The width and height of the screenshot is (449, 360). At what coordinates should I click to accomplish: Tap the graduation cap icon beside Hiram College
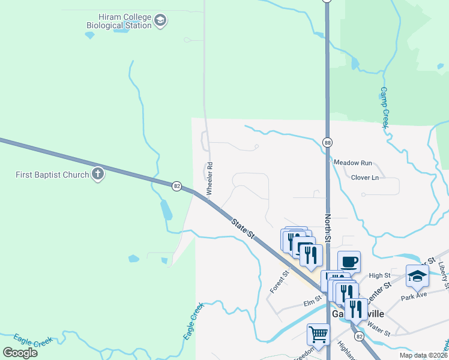pos(160,22)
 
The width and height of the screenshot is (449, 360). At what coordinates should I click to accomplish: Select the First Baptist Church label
pos(52,175)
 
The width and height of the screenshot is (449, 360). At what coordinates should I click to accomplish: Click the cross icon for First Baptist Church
pos(98,175)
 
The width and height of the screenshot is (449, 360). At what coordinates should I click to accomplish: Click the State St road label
pos(243,229)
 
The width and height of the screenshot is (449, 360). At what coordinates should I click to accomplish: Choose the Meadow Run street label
pos(353,163)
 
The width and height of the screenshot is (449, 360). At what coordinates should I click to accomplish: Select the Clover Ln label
pos(365,178)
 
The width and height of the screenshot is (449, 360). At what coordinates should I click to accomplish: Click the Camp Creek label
pos(385,107)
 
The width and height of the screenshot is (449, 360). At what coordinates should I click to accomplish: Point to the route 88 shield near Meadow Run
pos(327,143)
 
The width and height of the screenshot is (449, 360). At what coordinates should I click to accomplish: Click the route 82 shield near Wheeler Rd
pos(176,186)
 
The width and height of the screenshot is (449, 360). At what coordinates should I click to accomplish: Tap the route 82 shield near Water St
pos(358,337)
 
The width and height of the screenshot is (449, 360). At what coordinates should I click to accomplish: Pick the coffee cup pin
pos(349,262)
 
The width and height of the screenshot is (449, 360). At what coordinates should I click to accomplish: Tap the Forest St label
pos(280,281)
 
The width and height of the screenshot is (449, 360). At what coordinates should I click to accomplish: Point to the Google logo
pos(20,353)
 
